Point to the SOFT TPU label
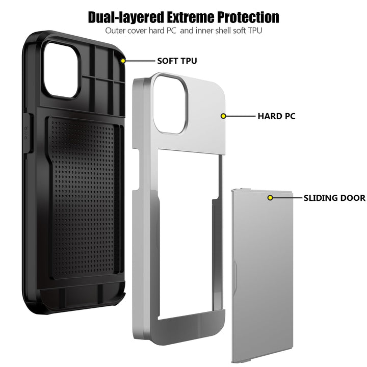(x=177, y=61)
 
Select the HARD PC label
(x=276, y=116)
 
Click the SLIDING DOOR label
(x=334, y=198)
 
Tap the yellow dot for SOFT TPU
(x=123, y=61)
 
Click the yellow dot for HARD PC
(x=223, y=116)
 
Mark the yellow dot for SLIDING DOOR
(x=271, y=198)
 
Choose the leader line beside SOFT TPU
(x=140, y=61)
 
